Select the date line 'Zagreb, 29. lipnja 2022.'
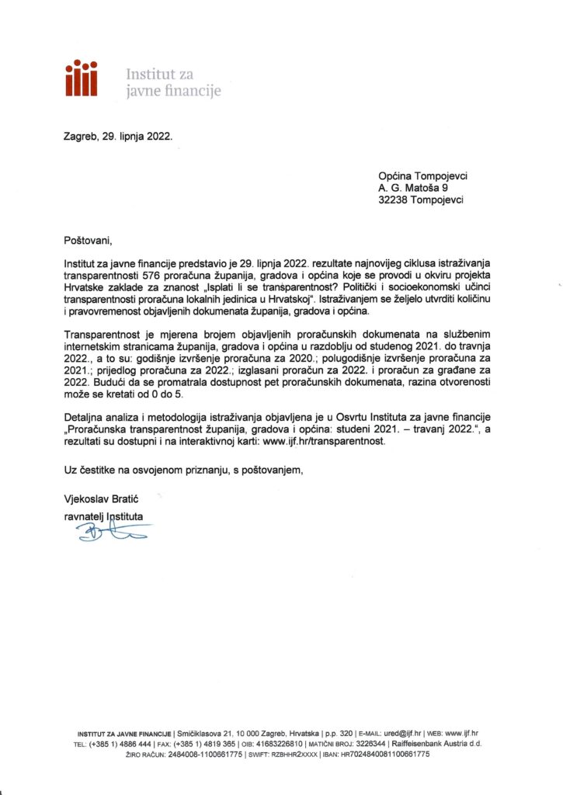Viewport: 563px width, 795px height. coord(118,134)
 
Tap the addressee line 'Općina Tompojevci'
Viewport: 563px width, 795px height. coord(422,175)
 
